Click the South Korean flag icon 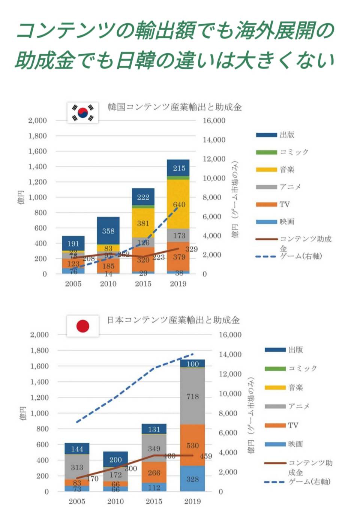click(83, 112)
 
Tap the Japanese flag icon click(83, 326)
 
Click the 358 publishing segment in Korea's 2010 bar click(108, 231)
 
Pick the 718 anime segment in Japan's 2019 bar click(192, 396)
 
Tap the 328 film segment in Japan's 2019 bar click(192, 478)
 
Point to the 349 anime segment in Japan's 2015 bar click(154, 448)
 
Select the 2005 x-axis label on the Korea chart click(73, 284)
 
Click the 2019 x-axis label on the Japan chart click(192, 501)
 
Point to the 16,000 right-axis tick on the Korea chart click(214, 120)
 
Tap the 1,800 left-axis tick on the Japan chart click(39, 350)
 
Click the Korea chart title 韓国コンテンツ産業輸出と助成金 click(175, 107)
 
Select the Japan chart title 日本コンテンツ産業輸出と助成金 click(173, 320)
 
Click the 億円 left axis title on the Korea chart click(21, 197)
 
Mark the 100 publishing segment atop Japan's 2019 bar click(192, 364)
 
